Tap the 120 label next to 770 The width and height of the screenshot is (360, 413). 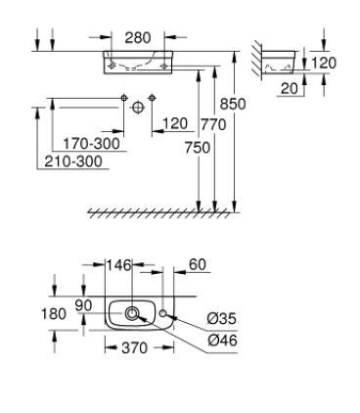coord(175,123)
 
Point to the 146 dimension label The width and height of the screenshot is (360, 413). coord(118,264)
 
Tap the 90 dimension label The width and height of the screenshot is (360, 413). coord(85,306)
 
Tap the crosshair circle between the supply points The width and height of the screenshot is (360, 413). coord(139,105)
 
